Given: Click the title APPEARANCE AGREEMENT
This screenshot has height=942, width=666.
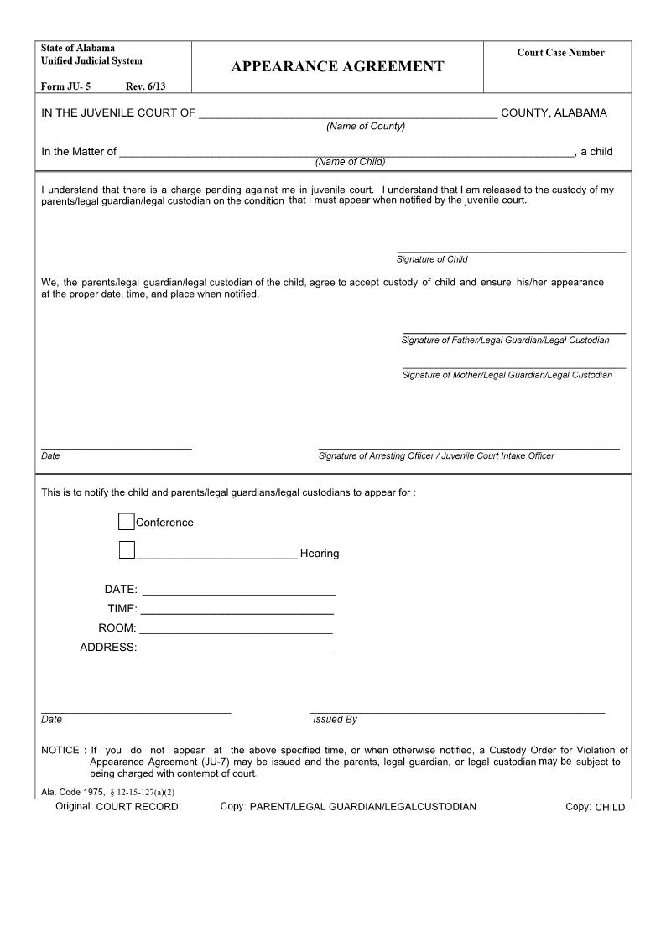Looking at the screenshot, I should tap(337, 67).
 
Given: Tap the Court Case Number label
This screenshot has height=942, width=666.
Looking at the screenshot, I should tap(560, 53).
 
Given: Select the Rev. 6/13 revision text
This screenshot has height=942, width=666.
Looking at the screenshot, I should tap(145, 86).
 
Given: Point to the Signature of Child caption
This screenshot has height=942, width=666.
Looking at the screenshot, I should tap(432, 259).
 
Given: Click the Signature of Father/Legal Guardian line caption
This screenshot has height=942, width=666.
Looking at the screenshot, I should tap(505, 340).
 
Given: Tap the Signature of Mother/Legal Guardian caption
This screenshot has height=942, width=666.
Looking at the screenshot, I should tap(507, 375).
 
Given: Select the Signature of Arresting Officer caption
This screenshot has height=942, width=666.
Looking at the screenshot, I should tap(436, 455).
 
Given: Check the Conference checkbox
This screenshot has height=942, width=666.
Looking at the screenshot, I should tap(127, 522).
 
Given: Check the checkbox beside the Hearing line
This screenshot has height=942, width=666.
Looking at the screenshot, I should tap(127, 550).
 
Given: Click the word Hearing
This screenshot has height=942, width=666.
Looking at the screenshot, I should tap(320, 554).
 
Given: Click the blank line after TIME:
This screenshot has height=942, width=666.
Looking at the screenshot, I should tap(237, 610).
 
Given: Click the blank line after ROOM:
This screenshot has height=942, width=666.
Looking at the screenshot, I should tap(236, 629).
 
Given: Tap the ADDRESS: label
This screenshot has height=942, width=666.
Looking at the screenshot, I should tap(108, 647).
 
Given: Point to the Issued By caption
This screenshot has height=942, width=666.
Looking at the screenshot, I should tap(335, 719).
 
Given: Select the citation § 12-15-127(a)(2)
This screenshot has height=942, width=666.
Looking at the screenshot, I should tap(142, 792).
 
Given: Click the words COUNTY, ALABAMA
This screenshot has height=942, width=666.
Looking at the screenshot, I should tap(554, 113).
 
